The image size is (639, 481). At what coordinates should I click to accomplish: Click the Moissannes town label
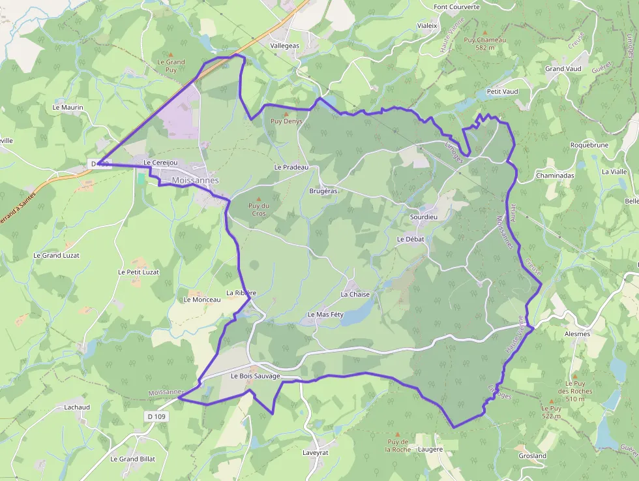tap(196, 180)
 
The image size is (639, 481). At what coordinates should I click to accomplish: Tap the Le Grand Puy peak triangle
tap(171, 54)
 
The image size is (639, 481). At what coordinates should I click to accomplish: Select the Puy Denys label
tap(286, 121)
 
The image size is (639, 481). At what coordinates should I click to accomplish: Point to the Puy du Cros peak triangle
tap(258, 198)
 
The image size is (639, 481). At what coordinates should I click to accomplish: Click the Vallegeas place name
tap(284, 46)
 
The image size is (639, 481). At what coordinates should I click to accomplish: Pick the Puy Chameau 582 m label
tap(484, 43)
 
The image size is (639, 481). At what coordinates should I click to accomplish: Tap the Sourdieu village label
tap(424, 216)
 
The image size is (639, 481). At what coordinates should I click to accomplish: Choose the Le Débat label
tap(410, 239)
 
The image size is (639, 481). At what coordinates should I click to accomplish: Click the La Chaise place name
tap(355, 294)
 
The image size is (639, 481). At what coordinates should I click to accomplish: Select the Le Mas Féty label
tap(325, 315)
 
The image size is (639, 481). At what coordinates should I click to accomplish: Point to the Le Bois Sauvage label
tap(255, 377)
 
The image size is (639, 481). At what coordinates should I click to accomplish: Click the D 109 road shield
tap(154, 416)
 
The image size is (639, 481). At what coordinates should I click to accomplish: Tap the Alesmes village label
tap(576, 334)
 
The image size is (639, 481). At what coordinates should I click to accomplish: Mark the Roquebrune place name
tap(589, 145)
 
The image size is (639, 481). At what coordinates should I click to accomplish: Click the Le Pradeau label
tap(291, 167)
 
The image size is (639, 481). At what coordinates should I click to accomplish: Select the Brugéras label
tap(323, 191)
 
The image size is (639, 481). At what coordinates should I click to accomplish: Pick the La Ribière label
tap(241, 293)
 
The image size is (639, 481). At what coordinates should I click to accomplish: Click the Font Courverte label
tap(456, 7)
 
